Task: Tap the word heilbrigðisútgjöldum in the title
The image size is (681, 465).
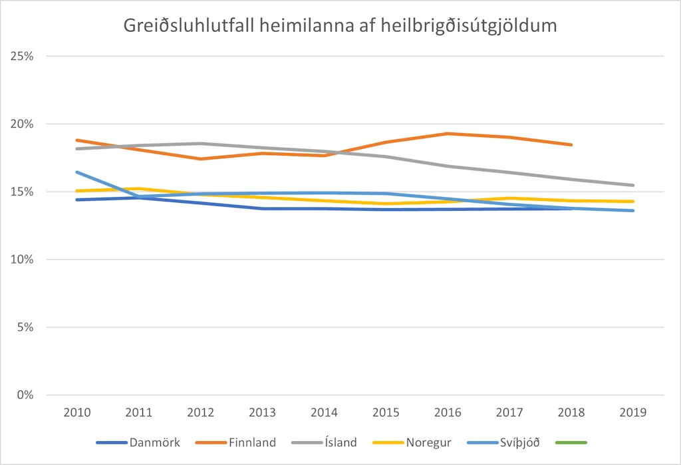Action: coord(469,26)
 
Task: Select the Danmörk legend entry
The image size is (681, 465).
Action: coord(138,442)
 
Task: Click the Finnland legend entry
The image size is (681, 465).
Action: coord(236,442)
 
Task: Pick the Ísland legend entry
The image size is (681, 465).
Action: coord(325,442)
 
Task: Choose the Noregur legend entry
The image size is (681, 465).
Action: coord(412,442)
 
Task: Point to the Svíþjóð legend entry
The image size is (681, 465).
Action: coord(504,442)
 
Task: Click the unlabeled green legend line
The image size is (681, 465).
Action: coord(571,442)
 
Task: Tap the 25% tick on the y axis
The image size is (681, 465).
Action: coord(22,56)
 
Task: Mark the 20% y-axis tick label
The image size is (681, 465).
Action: coord(22,124)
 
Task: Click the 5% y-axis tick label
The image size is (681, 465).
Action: coord(25,327)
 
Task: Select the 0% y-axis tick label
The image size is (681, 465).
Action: coord(25,395)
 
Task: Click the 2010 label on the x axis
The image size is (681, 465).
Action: coord(77,412)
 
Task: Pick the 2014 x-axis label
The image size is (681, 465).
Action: coord(325,412)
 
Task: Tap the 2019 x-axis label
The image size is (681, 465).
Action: coord(633,412)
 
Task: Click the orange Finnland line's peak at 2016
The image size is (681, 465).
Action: coord(448,134)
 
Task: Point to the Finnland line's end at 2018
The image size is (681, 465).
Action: coord(571,145)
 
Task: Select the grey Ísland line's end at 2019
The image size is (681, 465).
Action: coord(633,185)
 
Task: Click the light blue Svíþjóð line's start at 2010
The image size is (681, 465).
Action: coord(77,172)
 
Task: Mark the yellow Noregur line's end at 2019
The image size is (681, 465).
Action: coord(633,201)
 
